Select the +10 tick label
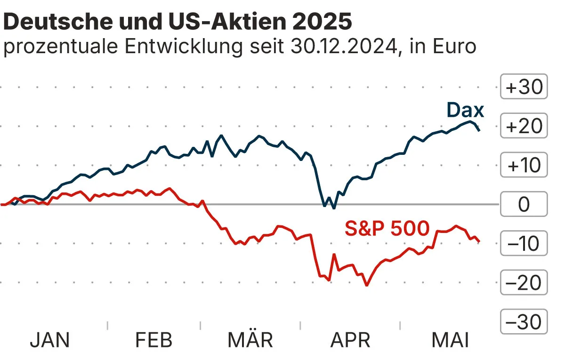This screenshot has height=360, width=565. (x=524, y=165)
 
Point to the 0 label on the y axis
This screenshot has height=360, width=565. (x=524, y=205)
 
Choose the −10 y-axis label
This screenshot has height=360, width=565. (x=524, y=244)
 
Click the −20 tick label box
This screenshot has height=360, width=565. (x=524, y=283)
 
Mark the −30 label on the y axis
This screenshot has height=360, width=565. (x=524, y=322)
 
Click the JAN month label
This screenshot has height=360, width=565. (x=49, y=340)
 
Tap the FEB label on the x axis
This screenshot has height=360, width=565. (x=154, y=340)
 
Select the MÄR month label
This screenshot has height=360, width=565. (x=250, y=340)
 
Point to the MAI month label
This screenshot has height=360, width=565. (x=450, y=340)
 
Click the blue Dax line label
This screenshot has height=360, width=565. (x=465, y=110)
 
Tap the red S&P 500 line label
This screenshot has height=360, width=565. (x=387, y=229)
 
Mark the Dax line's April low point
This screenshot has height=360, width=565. (x=334, y=208)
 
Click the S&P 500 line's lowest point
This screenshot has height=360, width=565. (x=366, y=285)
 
